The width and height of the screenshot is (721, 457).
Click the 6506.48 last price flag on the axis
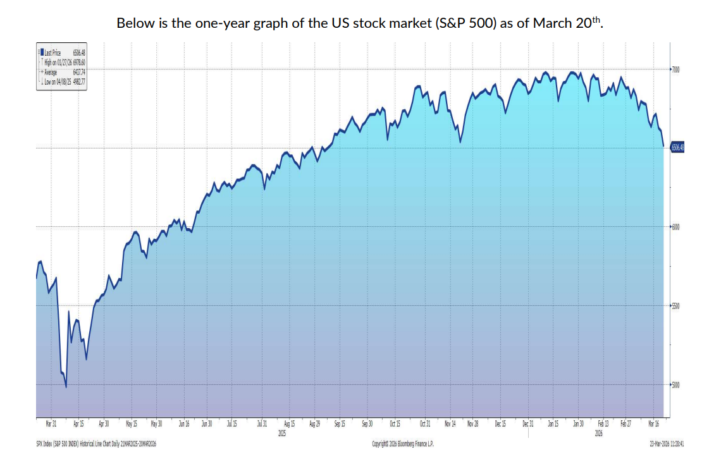[677, 147]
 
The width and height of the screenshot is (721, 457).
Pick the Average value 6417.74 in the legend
[78, 73]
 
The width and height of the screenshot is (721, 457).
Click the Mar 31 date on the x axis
[51, 423]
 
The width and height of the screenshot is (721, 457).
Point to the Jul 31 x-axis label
[262, 423]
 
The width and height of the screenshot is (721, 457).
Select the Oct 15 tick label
[395, 423]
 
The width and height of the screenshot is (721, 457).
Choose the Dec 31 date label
[527, 423]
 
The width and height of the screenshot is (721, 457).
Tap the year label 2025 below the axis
[282, 434]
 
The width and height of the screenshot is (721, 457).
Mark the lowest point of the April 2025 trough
[66, 387]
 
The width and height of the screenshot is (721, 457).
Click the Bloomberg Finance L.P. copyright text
[404, 444]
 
